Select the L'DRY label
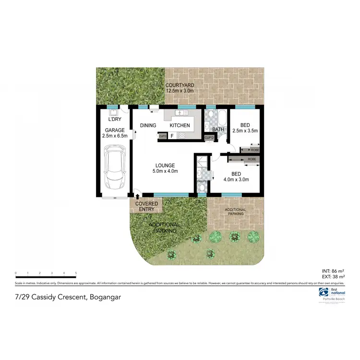point(114,119)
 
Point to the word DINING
point(148,126)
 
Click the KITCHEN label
point(180,126)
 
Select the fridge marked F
point(172,136)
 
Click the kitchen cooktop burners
point(182,136)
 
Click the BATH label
point(218,130)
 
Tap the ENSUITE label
point(202,181)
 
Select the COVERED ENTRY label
point(146,206)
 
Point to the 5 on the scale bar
point(76,273)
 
